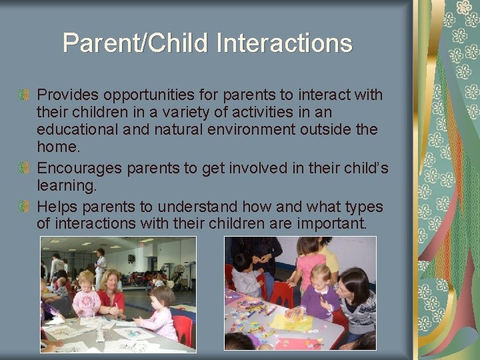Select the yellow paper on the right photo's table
click(x=301, y=324)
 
